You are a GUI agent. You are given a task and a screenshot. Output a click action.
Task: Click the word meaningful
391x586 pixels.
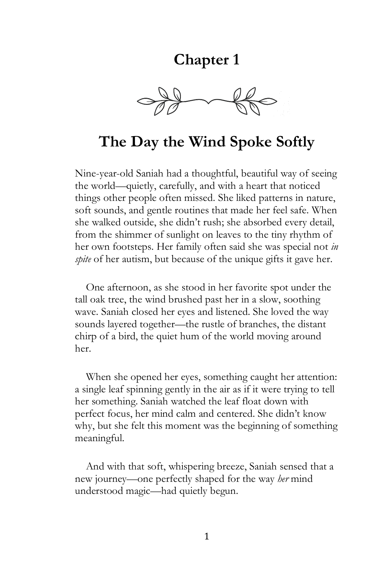point(99,438)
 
